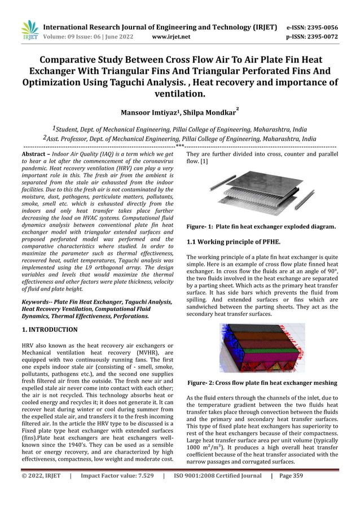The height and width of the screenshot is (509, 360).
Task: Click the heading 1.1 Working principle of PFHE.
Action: (x=234, y=242)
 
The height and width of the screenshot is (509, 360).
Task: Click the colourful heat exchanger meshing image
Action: (x=262, y=348)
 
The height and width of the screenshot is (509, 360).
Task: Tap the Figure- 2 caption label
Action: (x=201, y=383)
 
